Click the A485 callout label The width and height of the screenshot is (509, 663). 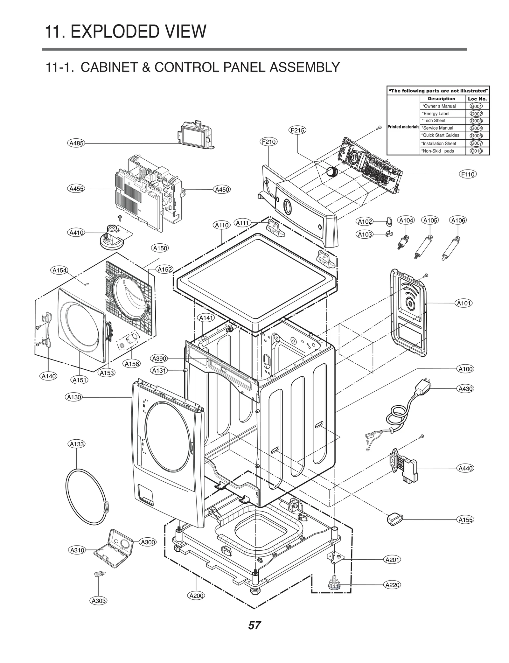pyautogui.click(x=76, y=143)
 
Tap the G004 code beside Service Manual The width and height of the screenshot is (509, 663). pyautogui.click(x=476, y=128)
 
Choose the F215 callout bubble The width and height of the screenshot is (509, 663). pyautogui.click(x=297, y=130)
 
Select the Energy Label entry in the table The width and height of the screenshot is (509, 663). pyautogui.click(x=436, y=114)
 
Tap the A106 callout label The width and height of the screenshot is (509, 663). pyautogui.click(x=458, y=220)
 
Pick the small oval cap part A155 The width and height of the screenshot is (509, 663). pyautogui.click(x=394, y=519)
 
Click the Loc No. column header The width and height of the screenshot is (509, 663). pyautogui.click(x=477, y=99)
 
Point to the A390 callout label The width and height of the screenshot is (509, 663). pyautogui.click(x=159, y=359)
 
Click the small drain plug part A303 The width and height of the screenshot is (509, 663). pyautogui.click(x=99, y=575)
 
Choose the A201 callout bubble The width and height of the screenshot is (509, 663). pyautogui.click(x=392, y=560)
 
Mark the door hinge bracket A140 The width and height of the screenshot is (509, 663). pyautogui.click(x=46, y=329)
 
